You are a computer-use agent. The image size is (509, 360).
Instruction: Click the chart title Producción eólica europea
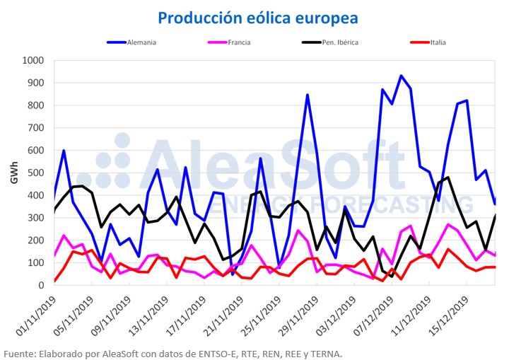point(257,17)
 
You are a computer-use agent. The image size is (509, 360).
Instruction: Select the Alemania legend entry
point(141,42)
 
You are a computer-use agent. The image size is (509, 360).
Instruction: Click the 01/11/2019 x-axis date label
point(37,315)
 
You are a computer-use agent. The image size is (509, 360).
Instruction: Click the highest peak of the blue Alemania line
point(401,76)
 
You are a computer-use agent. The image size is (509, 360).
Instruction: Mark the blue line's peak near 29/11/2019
point(308,95)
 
